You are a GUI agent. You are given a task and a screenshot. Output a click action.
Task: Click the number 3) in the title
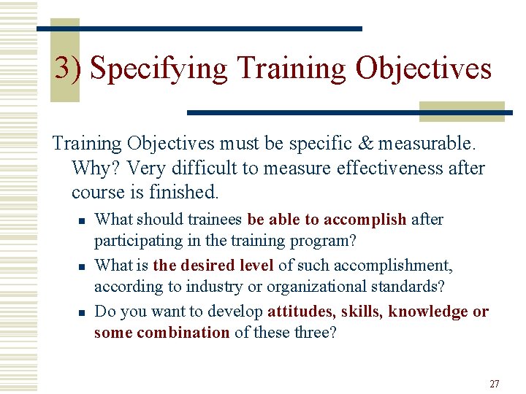click(70, 69)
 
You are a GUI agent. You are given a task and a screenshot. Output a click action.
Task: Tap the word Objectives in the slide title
click(423, 69)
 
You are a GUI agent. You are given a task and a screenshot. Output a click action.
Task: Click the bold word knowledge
click(429, 312)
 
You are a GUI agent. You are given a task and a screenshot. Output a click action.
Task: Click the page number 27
click(494, 384)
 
